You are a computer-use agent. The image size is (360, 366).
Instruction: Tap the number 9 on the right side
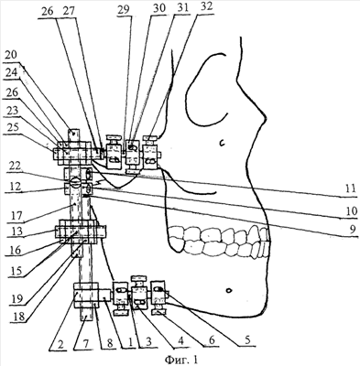click(x=354, y=229)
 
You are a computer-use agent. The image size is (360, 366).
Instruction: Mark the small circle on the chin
click(x=228, y=290)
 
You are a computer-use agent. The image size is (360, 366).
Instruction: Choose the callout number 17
click(x=16, y=216)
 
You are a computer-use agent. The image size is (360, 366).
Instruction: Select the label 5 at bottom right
click(x=249, y=340)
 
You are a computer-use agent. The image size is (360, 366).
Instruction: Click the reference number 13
click(x=16, y=231)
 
